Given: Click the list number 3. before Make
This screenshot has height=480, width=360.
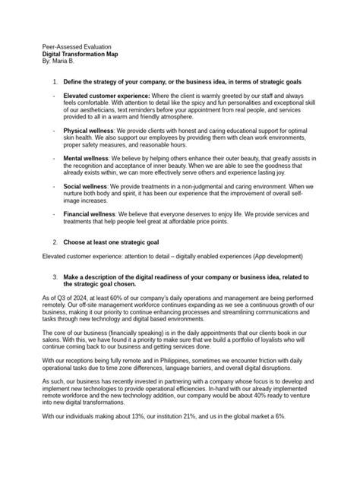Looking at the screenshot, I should tap(55, 276).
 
